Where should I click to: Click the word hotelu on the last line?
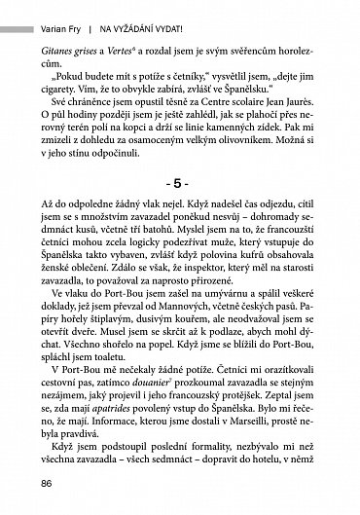(x=282, y=477)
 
